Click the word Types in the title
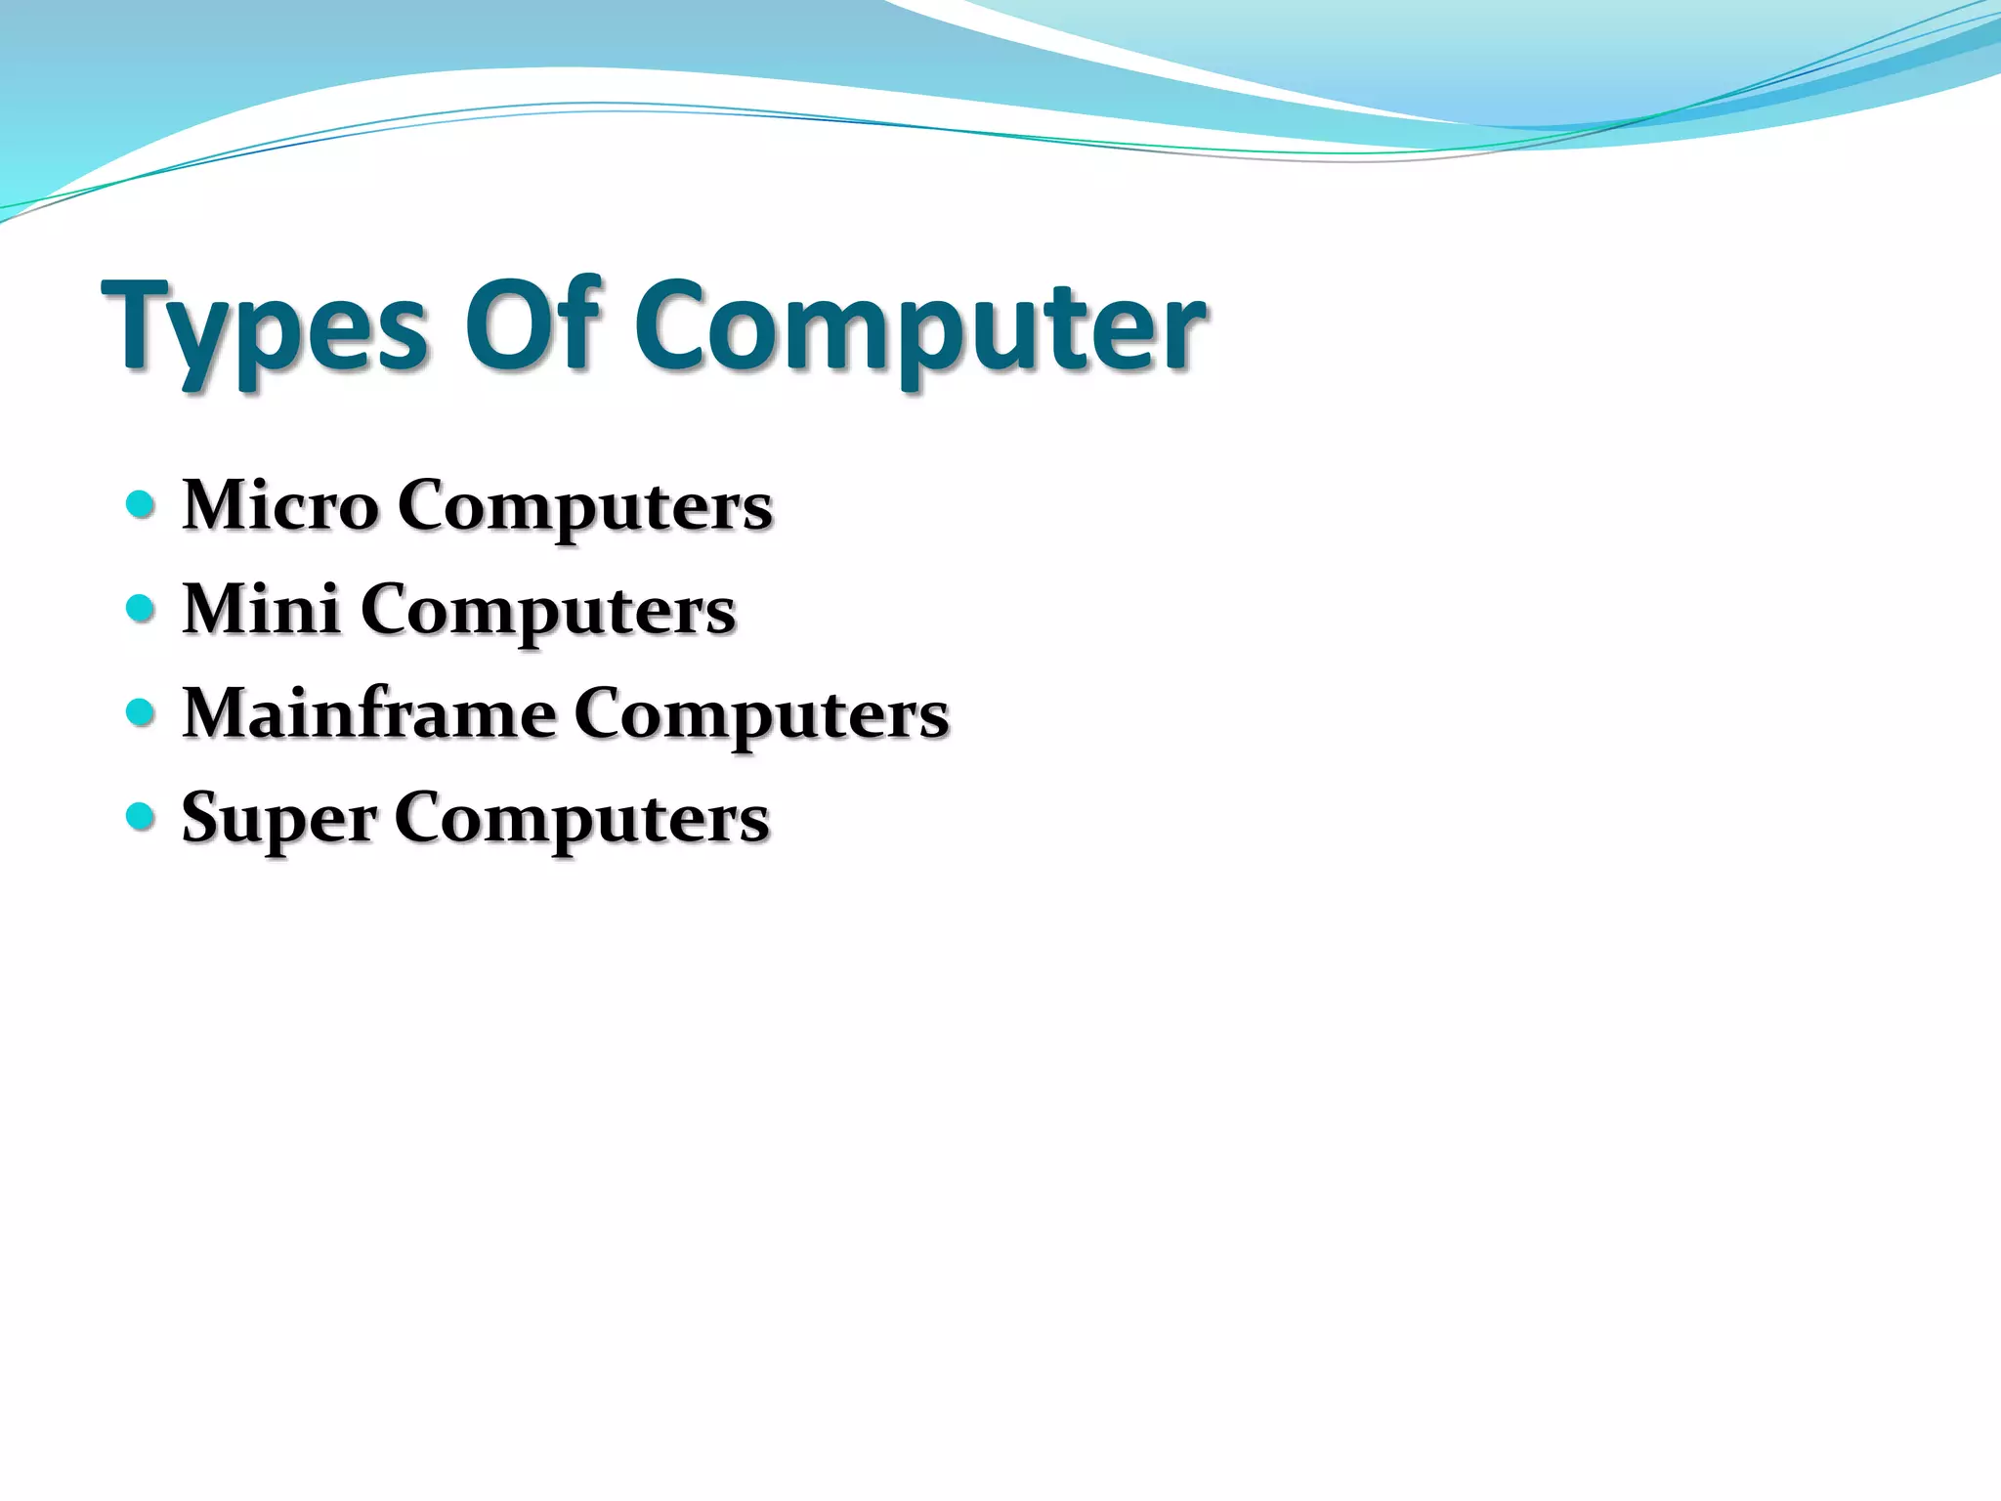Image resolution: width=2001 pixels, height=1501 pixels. click(264, 327)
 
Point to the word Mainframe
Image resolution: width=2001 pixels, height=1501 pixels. click(369, 712)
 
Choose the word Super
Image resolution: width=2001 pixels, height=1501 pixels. click(278, 819)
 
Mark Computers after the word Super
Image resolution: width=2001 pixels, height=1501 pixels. click(581, 819)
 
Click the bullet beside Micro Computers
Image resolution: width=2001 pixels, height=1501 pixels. click(141, 505)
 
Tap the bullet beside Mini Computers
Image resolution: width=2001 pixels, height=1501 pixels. click(141, 609)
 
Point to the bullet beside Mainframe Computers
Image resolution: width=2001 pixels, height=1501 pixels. click(141, 712)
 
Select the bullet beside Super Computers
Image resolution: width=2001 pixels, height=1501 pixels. click(141, 816)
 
